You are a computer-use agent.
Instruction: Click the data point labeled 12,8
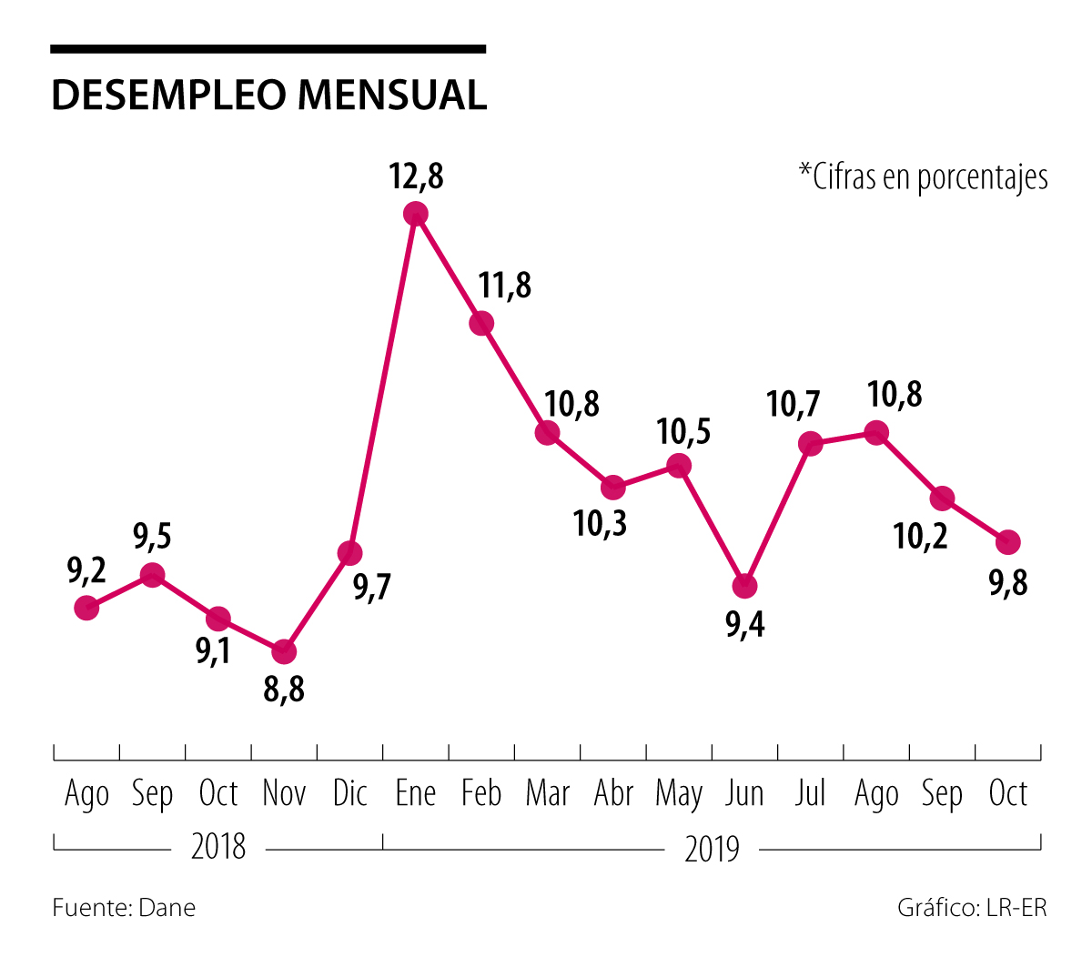[416, 214]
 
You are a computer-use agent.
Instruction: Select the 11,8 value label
[505, 286]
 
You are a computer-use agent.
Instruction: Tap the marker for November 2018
[284, 651]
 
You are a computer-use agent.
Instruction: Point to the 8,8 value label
[284, 690]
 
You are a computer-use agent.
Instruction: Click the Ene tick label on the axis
[416, 794]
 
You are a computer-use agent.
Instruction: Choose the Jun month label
[744, 794]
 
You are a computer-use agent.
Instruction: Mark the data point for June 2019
[744, 586]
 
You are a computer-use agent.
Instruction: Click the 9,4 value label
[744, 625]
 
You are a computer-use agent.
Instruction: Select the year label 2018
[218, 848]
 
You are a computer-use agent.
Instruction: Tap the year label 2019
[712, 850]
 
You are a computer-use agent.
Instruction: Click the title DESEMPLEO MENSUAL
[269, 96]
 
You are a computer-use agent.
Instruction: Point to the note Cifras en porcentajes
[923, 176]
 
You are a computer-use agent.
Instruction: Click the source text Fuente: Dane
[124, 908]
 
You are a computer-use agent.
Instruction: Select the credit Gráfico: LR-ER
[972, 908]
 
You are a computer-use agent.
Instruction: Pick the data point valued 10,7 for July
[810, 444]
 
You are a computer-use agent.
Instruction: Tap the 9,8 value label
[1007, 582]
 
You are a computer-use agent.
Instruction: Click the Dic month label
[349, 794]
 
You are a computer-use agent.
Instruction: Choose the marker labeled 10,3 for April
[613, 488]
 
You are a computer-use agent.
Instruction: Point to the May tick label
[679, 795]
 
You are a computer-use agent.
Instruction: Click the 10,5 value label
[684, 431]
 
